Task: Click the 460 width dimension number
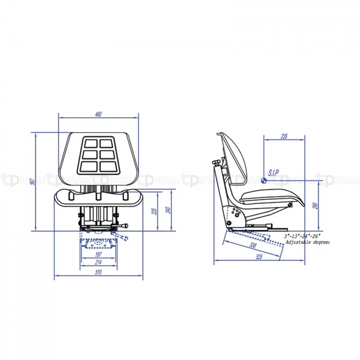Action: pos(98,114)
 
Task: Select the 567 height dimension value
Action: pos(32,182)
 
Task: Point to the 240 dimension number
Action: pos(168,210)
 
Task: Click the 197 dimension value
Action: pos(99,255)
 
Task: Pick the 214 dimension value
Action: pos(99,262)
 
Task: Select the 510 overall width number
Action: pos(99,273)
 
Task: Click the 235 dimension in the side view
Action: pos(284,136)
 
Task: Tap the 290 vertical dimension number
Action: pos(315,206)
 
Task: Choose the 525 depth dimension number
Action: pos(259,257)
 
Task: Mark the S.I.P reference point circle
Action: pos(264,180)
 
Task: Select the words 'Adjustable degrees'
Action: pos(307,242)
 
